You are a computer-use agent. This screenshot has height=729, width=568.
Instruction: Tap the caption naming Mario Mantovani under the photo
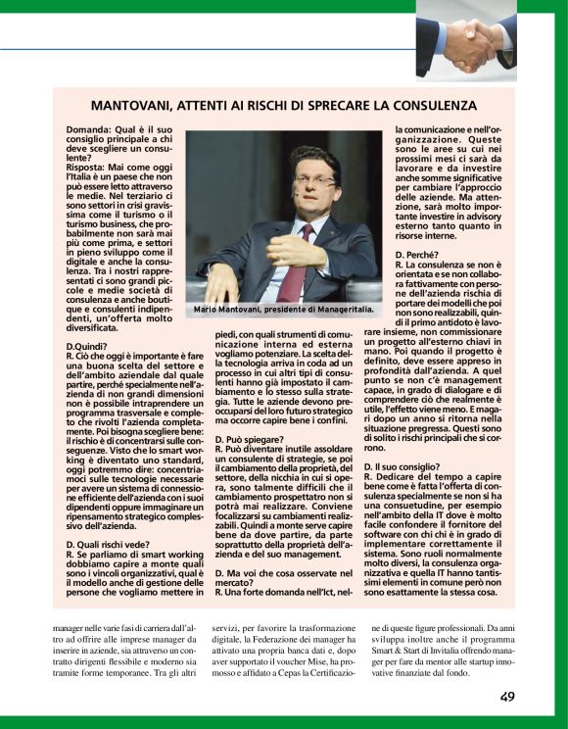[284, 310]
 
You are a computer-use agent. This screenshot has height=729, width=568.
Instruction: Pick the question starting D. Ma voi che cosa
[264, 570]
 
